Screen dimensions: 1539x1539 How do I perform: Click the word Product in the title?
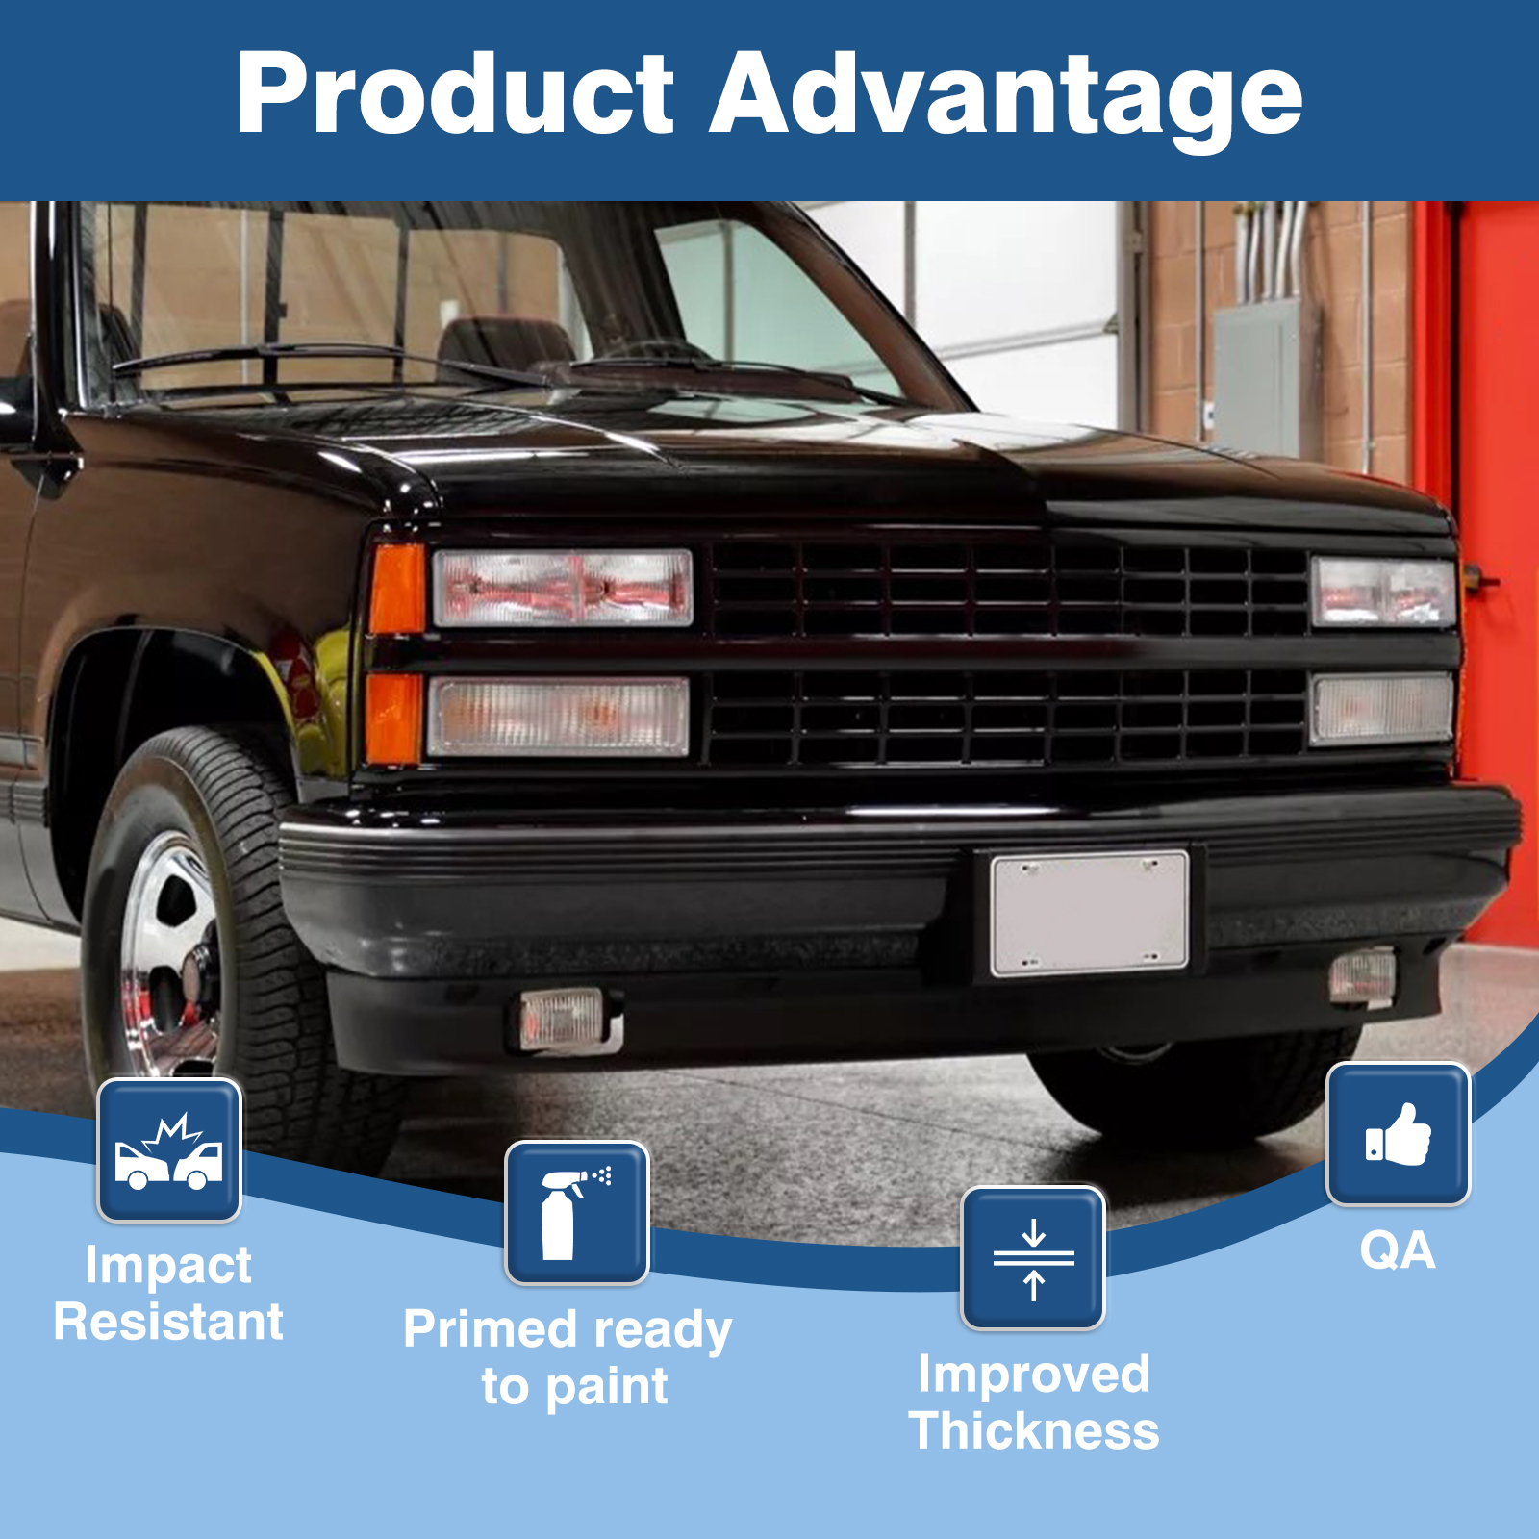tap(456, 92)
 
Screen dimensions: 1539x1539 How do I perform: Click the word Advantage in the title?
tap(1005, 100)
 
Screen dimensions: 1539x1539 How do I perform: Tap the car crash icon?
tap(169, 1150)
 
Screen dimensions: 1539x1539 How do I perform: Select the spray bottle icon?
tap(577, 1213)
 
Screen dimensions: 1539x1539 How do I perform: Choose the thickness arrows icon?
tap(1034, 1258)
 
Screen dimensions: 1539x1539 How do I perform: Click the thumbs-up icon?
tap(1399, 1134)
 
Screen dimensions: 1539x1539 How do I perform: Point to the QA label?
tap(1398, 1251)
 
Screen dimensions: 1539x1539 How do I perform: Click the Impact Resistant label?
tap(168, 1293)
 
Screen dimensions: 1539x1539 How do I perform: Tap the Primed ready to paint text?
tap(568, 1358)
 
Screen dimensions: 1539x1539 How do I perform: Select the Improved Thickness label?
tap(1034, 1401)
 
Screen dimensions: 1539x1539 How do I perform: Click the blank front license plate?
tap(1090, 913)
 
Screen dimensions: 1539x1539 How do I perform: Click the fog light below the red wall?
tap(1363, 976)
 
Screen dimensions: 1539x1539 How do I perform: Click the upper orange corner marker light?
tap(397, 589)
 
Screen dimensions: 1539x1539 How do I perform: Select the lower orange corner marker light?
tap(394, 718)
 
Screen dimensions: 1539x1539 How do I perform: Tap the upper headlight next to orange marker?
tap(563, 588)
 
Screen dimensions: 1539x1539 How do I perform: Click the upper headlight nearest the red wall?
tap(1383, 592)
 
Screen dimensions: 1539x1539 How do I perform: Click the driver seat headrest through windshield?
tap(507, 345)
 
